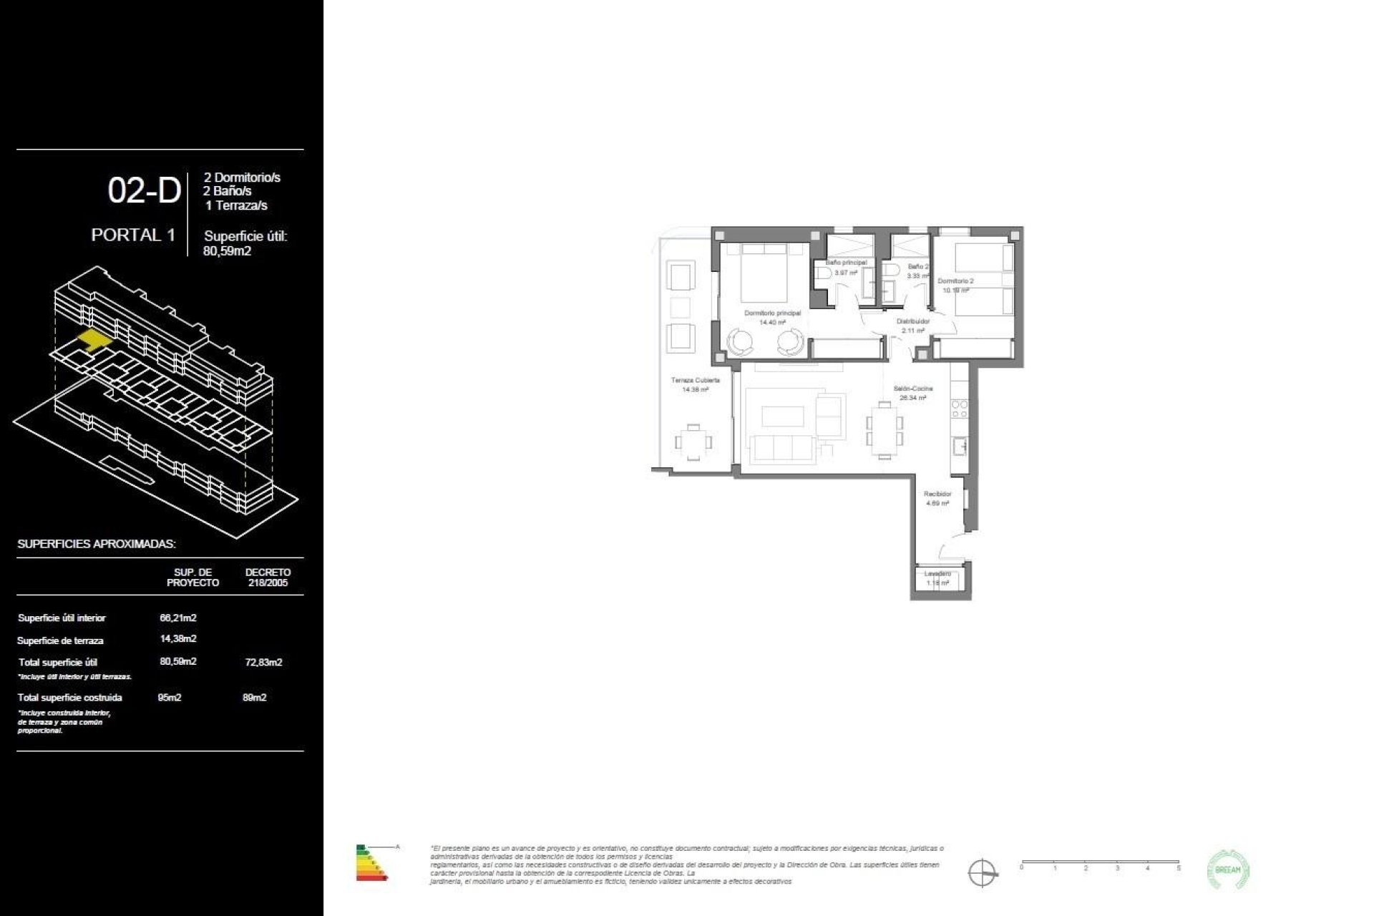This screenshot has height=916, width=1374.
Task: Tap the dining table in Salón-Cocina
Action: point(885,429)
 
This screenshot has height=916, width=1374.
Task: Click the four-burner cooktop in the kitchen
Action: point(959,409)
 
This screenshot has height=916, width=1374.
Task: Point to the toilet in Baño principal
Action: point(822,273)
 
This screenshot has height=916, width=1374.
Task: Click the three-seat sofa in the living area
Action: point(782,448)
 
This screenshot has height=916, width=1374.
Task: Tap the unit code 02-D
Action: point(144,191)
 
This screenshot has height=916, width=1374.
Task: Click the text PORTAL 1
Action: point(133,235)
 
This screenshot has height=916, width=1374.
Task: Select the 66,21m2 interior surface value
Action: point(178,618)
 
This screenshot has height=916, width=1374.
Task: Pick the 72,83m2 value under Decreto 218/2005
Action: point(263,662)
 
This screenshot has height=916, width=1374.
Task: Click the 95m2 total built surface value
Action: point(170,697)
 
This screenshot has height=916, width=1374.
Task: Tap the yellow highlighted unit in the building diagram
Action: point(94,338)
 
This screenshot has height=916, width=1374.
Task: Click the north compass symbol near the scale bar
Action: point(982,873)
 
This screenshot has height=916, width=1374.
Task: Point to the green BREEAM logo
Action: point(1228,869)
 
